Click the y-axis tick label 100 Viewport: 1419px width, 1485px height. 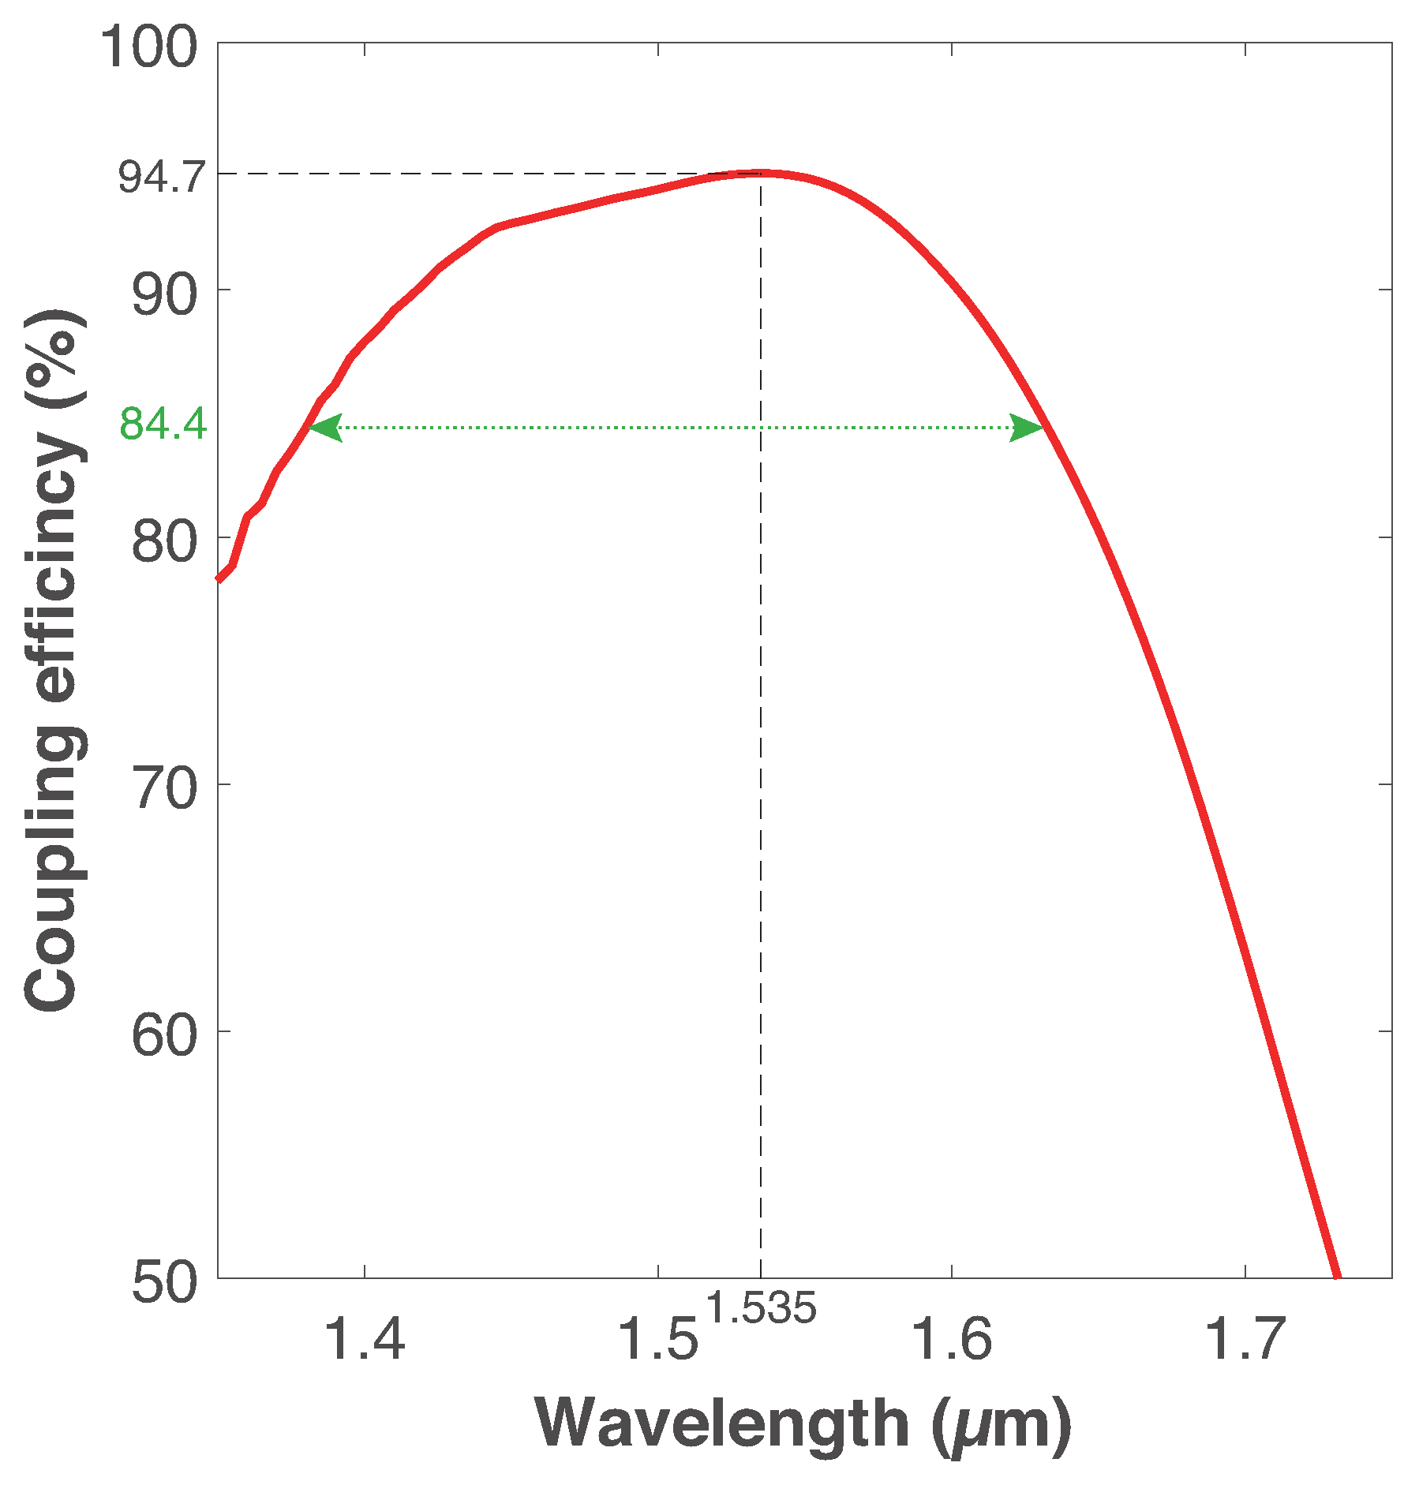pyautogui.click(x=148, y=47)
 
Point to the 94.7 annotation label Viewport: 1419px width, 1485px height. pyautogui.click(x=162, y=178)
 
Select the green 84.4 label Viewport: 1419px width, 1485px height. pyautogui.click(x=163, y=425)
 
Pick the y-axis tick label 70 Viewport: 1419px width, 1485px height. pyautogui.click(x=163, y=789)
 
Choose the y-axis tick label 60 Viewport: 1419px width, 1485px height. pyautogui.click(x=163, y=1036)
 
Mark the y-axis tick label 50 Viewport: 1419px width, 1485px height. pyautogui.click(x=163, y=1283)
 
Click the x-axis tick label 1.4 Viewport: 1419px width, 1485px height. pyautogui.click(x=364, y=1340)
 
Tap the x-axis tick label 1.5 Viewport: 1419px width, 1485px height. pyautogui.click(x=657, y=1340)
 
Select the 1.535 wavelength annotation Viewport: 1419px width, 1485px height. pyautogui.click(x=760, y=1308)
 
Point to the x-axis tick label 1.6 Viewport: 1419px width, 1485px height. pyautogui.click(x=951, y=1340)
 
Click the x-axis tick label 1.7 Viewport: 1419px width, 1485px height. pyautogui.click(x=1244, y=1340)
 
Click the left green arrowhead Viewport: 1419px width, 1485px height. pyautogui.click(x=324, y=428)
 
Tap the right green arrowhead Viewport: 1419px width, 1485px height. pyautogui.click(x=1028, y=428)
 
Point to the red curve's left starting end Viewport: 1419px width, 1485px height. pyautogui.click(x=220, y=578)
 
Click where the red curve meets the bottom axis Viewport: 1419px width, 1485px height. pyautogui.click(x=1337, y=1275)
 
